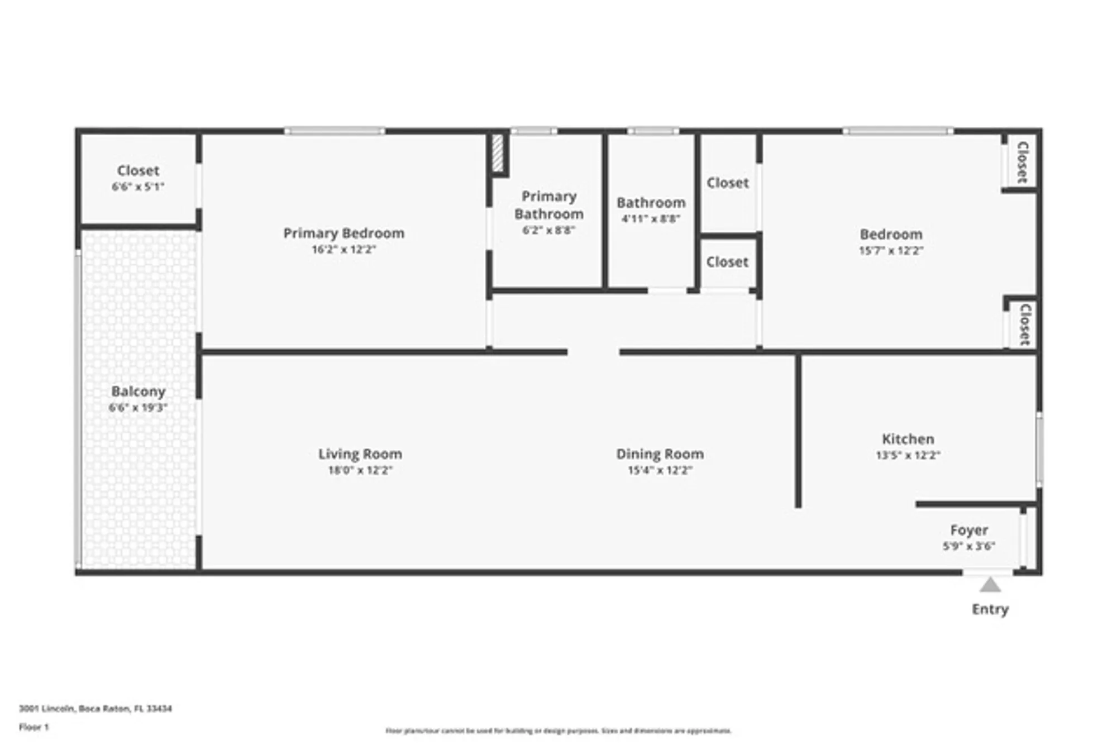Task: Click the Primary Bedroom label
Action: (343, 233)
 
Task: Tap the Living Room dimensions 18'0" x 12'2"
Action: (360, 470)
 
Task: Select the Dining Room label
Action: (660, 454)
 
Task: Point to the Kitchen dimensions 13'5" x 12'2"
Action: (908, 455)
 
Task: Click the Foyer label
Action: (969, 529)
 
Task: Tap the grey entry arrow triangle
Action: (990, 586)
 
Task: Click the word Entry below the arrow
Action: (990, 609)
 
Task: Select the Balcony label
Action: (138, 391)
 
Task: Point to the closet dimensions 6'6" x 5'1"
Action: (138, 187)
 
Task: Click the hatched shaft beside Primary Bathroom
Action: (498, 154)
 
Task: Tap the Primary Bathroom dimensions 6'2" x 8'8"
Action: (548, 230)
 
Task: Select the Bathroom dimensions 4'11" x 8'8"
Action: (651, 218)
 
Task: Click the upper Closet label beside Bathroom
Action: (727, 183)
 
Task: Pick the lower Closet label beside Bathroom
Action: (727, 261)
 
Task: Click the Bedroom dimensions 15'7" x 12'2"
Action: (891, 251)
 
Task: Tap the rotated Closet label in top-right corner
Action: (1023, 162)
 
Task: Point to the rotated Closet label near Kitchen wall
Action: (1025, 324)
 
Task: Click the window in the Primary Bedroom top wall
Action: (335, 131)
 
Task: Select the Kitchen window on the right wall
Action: (1039, 450)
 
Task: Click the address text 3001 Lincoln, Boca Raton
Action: (96, 708)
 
